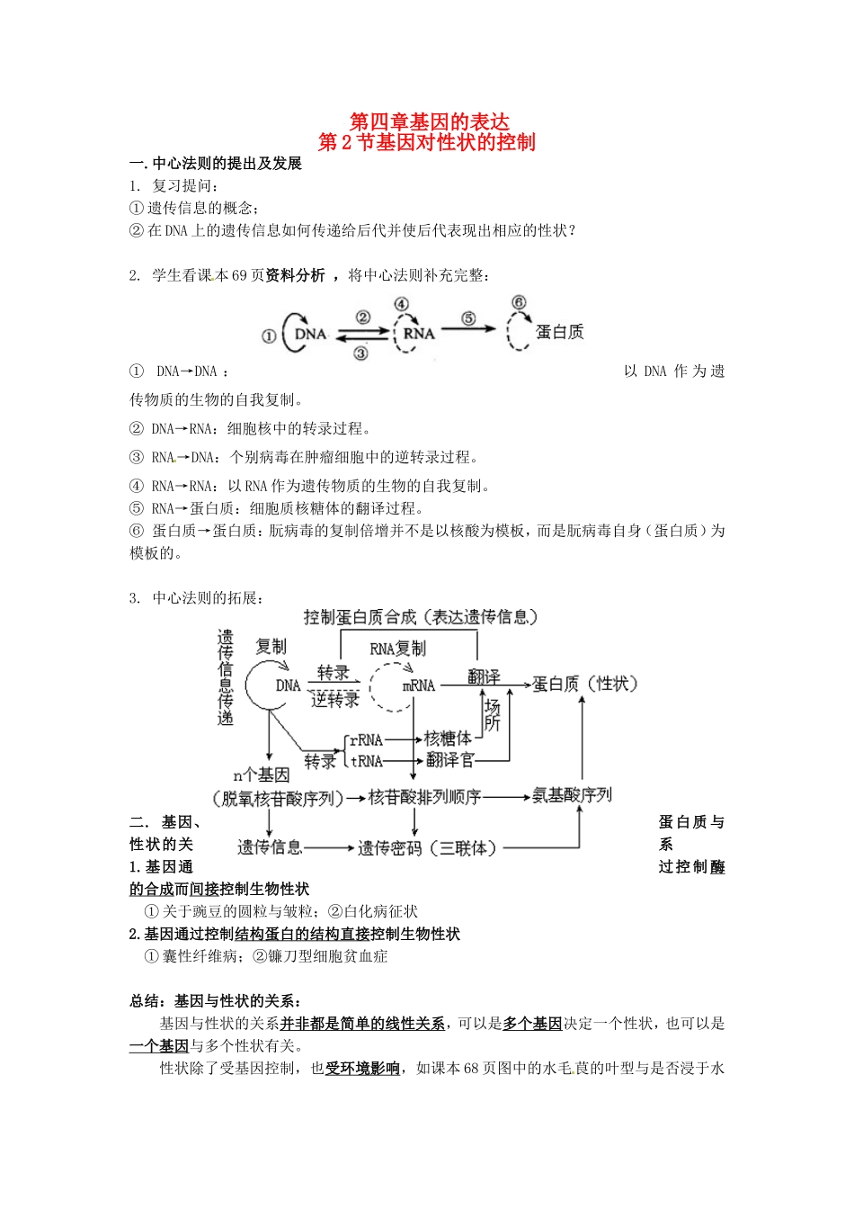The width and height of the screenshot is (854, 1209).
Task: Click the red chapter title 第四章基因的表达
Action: point(428,121)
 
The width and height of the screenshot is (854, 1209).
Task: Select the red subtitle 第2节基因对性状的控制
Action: point(427,142)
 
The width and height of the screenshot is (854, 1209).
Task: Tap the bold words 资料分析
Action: point(295,275)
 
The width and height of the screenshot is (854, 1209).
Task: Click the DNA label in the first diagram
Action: point(310,334)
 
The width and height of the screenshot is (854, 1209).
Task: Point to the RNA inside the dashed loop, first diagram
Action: point(418,334)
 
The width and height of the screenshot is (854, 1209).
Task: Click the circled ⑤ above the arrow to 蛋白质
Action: point(468,318)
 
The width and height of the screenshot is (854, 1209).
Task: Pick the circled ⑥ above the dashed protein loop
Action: point(519,302)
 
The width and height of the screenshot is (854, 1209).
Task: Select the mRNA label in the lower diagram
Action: point(419,685)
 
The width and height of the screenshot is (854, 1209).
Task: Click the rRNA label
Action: point(366,740)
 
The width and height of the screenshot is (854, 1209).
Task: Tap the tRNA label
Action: point(366,761)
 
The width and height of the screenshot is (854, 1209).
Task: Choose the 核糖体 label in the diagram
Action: point(448,739)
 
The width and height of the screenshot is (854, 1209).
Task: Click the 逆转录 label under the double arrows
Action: point(334,700)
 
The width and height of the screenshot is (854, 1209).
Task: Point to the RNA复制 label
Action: point(397,649)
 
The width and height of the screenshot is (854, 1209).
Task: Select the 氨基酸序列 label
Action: point(572,795)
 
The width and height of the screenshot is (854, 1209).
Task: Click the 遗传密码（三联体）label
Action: point(427,847)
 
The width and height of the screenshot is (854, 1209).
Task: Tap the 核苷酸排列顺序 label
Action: point(424,797)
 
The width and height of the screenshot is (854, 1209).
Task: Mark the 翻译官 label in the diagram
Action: point(449,760)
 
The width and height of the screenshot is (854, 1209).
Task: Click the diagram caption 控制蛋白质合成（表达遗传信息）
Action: point(421,617)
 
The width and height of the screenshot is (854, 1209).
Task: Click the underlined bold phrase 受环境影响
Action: point(362,1068)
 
